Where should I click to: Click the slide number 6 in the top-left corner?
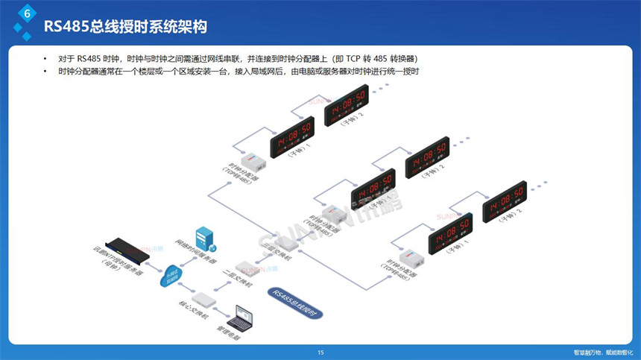(x=28, y=14)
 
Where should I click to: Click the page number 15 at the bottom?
(x=320, y=353)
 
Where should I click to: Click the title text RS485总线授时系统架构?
(x=125, y=27)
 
